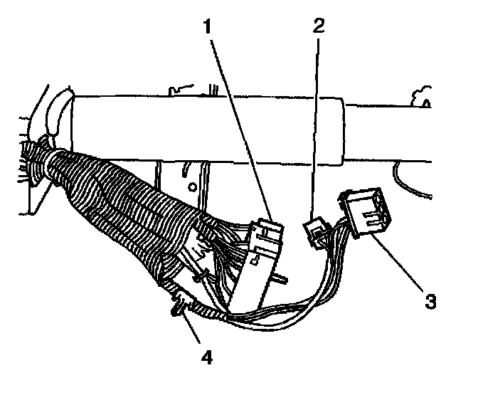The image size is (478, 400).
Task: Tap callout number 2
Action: [x=318, y=26]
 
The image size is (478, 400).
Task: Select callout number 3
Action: [x=429, y=299]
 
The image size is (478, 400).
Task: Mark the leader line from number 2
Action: [x=317, y=128]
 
